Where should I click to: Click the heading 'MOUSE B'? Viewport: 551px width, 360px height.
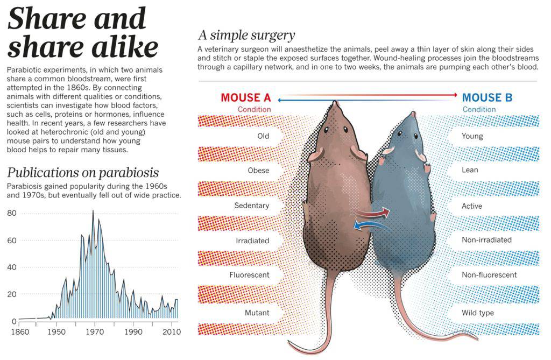[488, 98]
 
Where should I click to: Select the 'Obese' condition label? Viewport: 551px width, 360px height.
[258, 171]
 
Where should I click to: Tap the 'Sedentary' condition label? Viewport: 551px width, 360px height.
[251, 206]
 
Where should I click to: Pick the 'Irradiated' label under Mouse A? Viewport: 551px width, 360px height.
[252, 241]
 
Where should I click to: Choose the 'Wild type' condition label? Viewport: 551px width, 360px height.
[477, 313]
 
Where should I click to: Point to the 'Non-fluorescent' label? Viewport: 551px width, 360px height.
[489, 275]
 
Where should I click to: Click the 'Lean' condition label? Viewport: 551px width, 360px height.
[470, 170]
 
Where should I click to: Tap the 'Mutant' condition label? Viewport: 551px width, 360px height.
[257, 313]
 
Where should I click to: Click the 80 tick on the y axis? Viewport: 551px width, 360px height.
[12, 213]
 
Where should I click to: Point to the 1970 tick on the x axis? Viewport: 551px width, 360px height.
[94, 331]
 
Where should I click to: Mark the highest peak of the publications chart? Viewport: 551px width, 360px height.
[93, 211]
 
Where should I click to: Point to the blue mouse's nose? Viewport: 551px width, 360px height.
[413, 114]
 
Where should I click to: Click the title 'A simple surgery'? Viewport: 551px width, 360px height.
[246, 36]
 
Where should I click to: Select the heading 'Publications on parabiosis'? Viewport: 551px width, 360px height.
[83, 173]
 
